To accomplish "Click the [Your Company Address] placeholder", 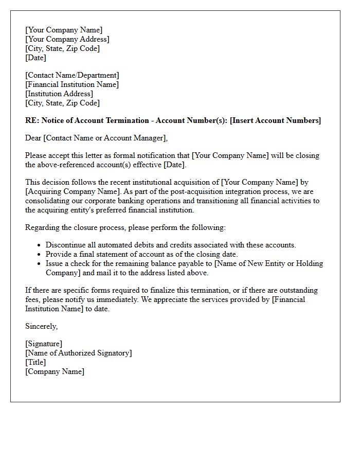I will click(x=67, y=39).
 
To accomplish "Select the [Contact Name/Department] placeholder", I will click(x=72, y=75).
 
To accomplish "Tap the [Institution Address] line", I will click(x=59, y=94).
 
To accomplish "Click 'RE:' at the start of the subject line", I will click(x=32, y=120).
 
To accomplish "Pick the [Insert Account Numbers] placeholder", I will click(x=275, y=120).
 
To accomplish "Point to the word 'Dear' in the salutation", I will click(x=33, y=138).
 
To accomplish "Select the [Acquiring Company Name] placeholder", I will click(x=70, y=191).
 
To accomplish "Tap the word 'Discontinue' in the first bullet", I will click(x=66, y=245).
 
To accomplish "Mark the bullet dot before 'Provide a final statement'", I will click(x=39, y=255).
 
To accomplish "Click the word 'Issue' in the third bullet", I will click(x=55, y=263).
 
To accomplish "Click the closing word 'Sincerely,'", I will click(x=42, y=326).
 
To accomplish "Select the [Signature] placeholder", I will click(x=44, y=344).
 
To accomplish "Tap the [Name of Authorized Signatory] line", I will click(x=79, y=353).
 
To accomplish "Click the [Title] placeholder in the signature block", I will click(x=35, y=362).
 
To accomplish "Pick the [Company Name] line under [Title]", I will click(x=55, y=371).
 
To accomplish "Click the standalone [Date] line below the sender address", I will click(x=35, y=58).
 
